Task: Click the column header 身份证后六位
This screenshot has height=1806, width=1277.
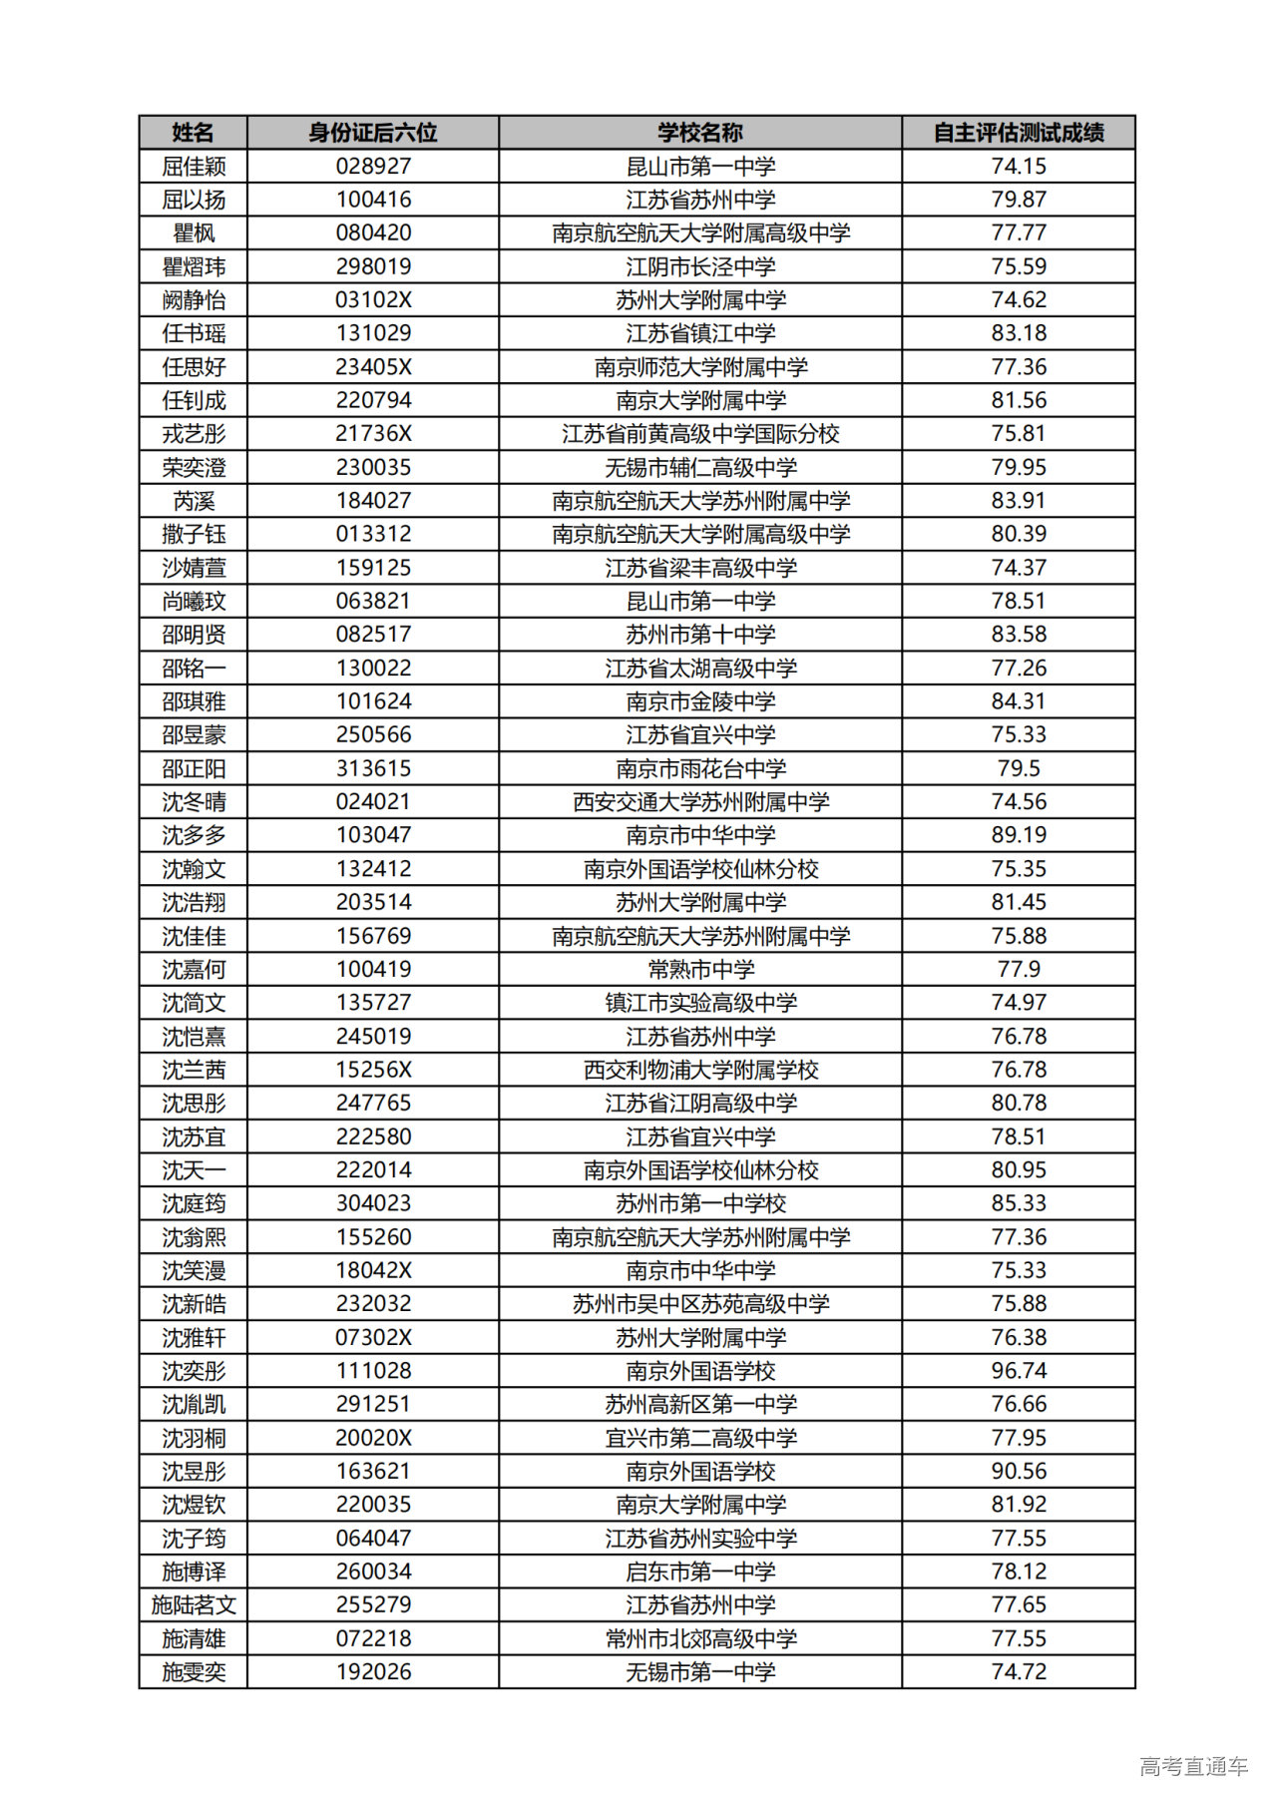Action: [x=373, y=133]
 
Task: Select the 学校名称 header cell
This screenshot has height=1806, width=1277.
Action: [x=700, y=133]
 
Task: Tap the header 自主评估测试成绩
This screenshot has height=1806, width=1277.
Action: [x=1019, y=133]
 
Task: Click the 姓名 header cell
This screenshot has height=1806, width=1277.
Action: [x=194, y=133]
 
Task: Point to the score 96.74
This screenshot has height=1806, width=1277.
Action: [x=1019, y=1371]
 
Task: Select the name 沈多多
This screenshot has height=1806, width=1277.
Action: [x=194, y=835]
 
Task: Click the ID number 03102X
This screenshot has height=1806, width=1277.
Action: [x=373, y=300]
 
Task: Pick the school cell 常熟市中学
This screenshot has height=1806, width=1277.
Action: [x=700, y=969]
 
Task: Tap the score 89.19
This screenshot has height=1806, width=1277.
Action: [x=1019, y=835]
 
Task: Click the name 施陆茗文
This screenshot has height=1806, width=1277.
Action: [x=194, y=1604]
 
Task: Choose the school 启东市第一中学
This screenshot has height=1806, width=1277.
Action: [x=700, y=1572]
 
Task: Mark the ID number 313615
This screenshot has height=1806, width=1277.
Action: [x=373, y=768]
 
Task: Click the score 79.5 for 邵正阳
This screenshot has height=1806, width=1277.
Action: [x=1019, y=768]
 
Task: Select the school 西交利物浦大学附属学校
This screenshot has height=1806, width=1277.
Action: [x=700, y=1070]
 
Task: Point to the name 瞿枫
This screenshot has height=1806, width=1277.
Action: [x=194, y=233]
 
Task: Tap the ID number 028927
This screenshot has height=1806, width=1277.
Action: [x=373, y=166]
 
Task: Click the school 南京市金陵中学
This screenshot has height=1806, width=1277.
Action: [x=700, y=701]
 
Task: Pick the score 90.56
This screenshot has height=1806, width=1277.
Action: [x=1019, y=1471]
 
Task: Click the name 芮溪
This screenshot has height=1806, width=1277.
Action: [x=194, y=501]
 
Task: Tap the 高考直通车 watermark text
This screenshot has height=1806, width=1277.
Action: [x=1193, y=1766]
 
